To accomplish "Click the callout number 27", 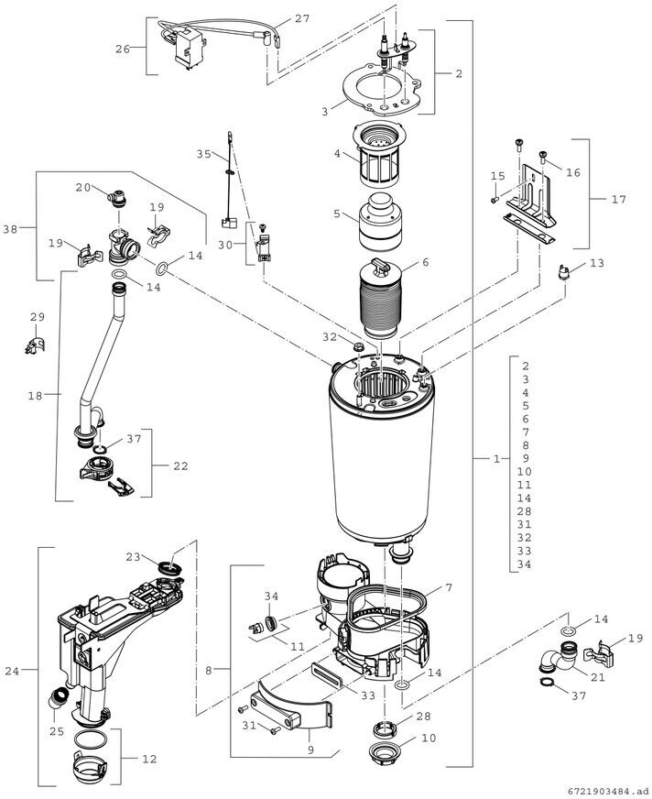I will click(x=302, y=19).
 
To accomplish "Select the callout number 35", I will click(x=203, y=154).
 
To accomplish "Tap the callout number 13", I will click(x=596, y=264).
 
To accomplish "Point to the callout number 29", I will click(x=37, y=318).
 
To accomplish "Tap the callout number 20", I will click(x=82, y=188).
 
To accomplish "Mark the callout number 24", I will click(x=12, y=672).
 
